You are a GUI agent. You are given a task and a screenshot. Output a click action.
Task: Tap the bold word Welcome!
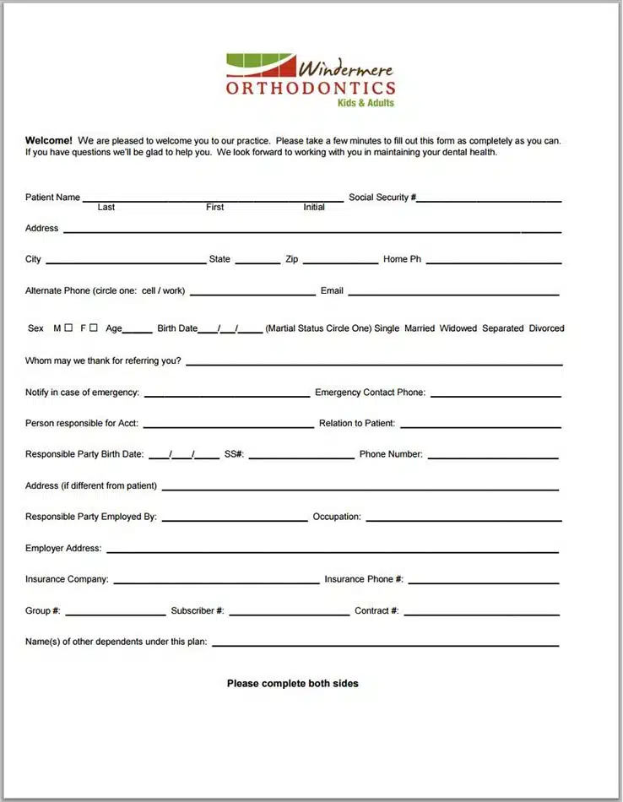[x=49, y=141]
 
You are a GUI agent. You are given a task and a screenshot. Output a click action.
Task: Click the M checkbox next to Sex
[x=68, y=328]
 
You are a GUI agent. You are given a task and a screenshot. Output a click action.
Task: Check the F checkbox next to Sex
[x=94, y=328]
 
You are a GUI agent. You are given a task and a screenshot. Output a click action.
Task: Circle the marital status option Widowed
[x=458, y=328]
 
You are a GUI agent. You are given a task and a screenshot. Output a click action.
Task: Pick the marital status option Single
[x=387, y=328]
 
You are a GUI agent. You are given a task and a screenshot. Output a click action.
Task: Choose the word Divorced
[x=547, y=328]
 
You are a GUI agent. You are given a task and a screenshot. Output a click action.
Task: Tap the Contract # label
[x=377, y=610]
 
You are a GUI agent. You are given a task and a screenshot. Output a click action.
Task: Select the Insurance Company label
[x=67, y=579]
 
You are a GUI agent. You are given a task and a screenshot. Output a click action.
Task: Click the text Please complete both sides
[x=292, y=683]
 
